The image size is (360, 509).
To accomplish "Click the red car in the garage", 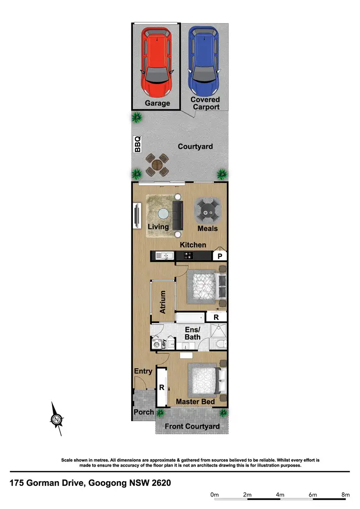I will pyautogui.click(x=156, y=61).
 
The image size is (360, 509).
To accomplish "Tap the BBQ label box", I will pyautogui.click(x=137, y=144).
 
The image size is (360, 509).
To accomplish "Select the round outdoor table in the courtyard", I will pyautogui.click(x=157, y=165).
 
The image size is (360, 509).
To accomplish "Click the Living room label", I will pyautogui.click(x=158, y=227).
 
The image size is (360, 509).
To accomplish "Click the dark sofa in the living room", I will pyautogui.click(x=178, y=215).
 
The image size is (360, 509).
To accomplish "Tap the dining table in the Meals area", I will pyautogui.click(x=207, y=210).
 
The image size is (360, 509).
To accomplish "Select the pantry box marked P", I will pyautogui.click(x=220, y=256).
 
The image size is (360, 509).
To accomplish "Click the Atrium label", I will pyautogui.click(x=163, y=302).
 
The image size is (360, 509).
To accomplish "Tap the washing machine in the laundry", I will pyautogui.click(x=156, y=343).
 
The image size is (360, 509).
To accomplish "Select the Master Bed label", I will pyautogui.click(x=194, y=401).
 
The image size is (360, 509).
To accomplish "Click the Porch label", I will pyautogui.click(x=143, y=412).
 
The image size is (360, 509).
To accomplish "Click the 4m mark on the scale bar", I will pyautogui.click(x=280, y=494).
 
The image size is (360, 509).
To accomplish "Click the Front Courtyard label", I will pyautogui.click(x=192, y=426).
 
